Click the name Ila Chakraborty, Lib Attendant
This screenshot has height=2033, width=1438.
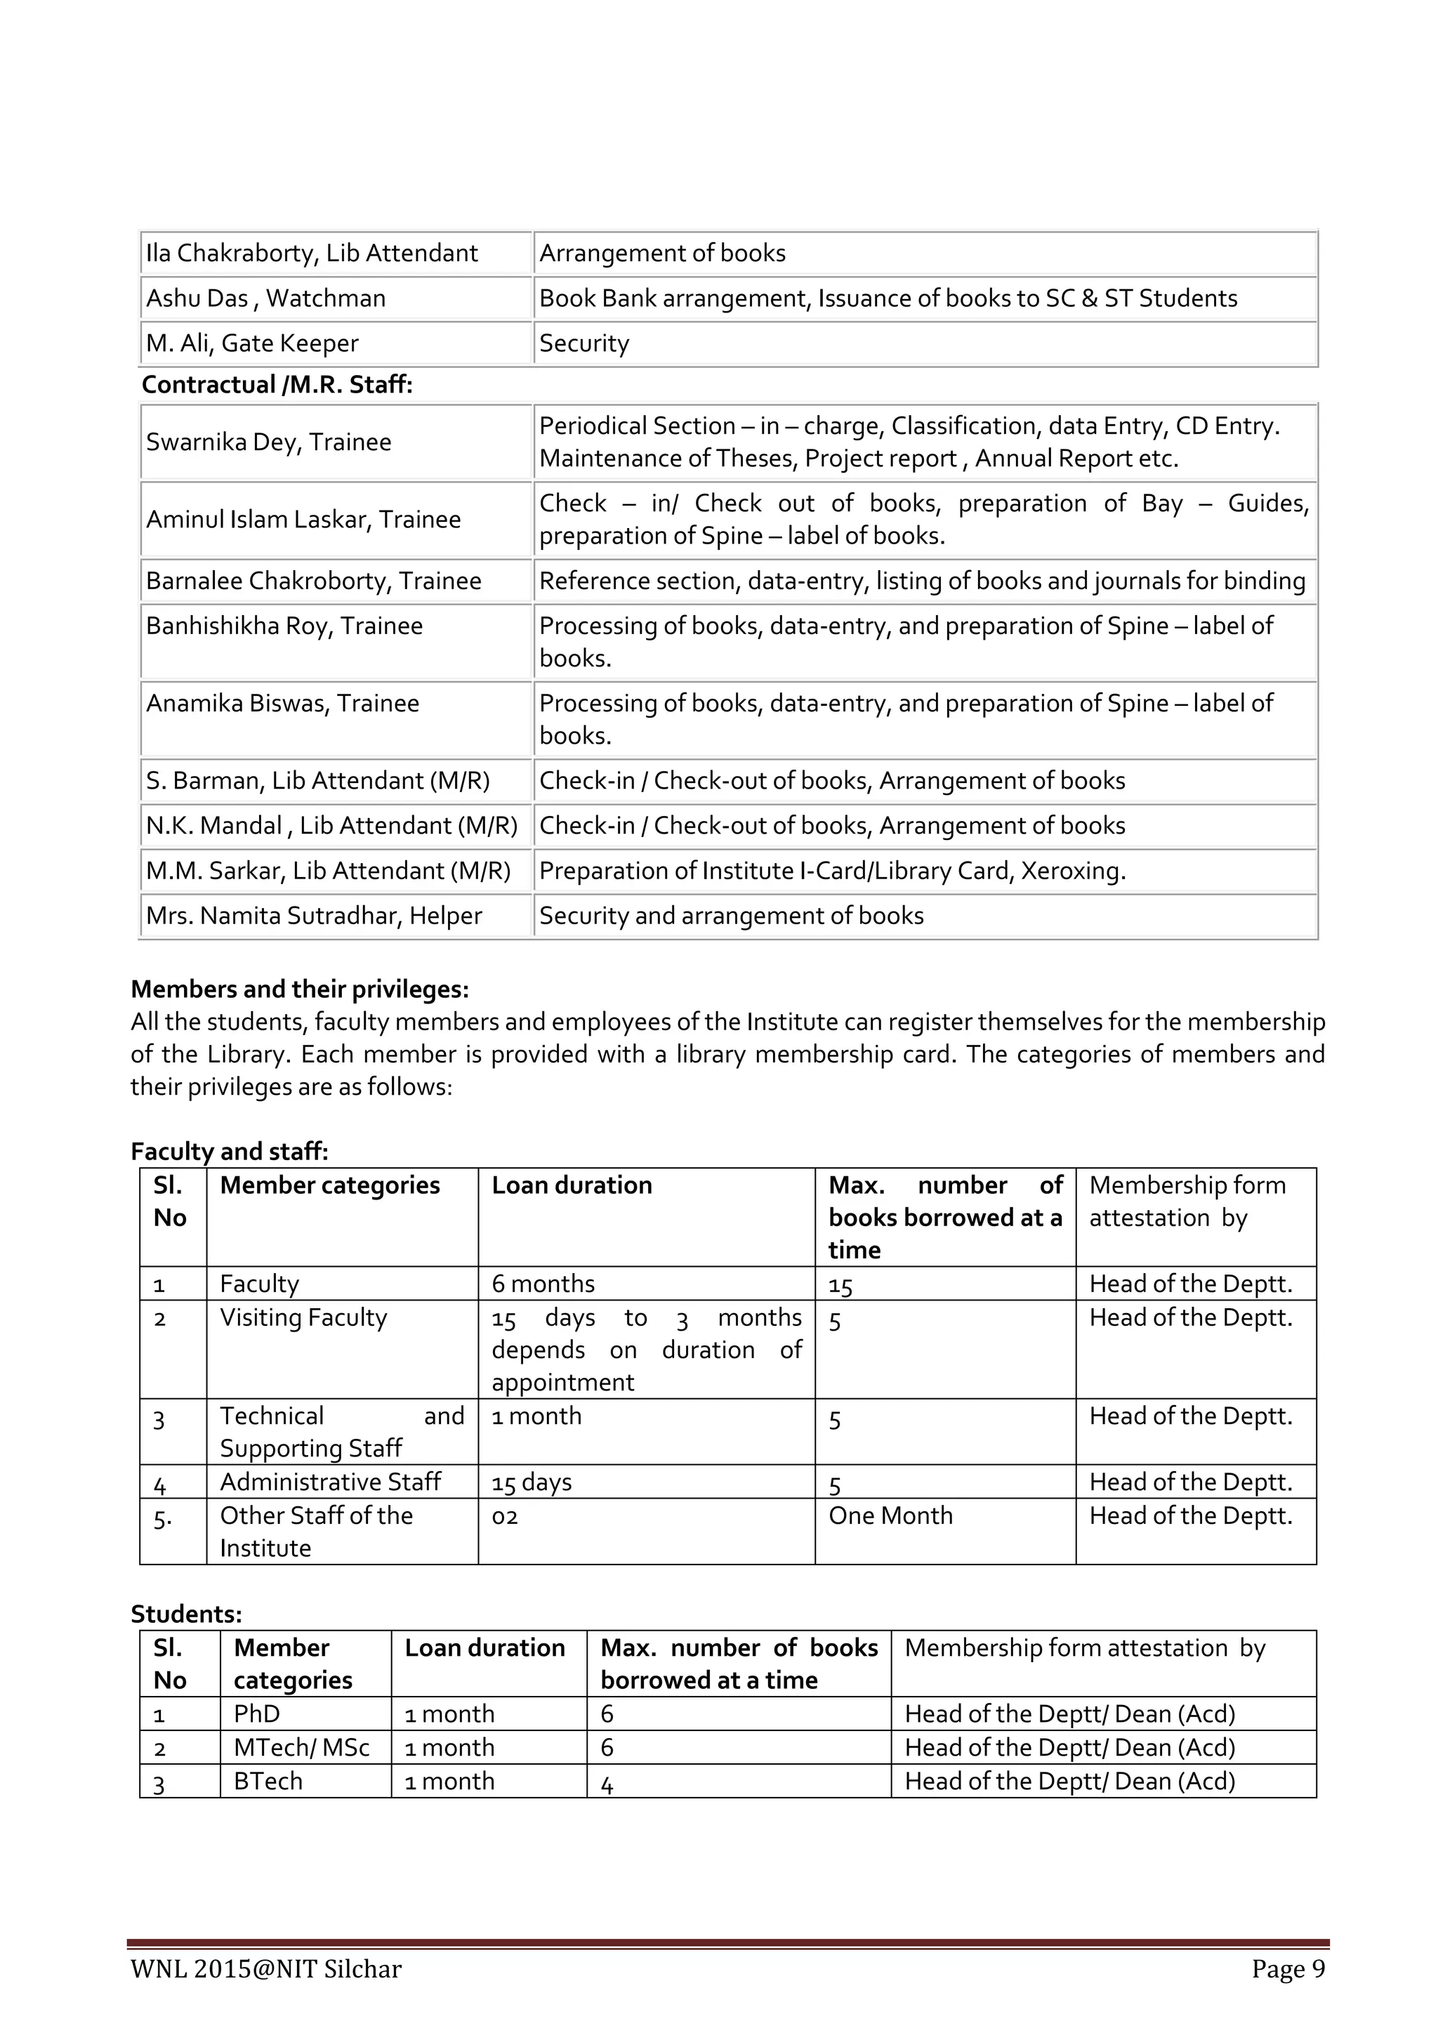(312, 254)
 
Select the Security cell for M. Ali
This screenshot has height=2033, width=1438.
(584, 343)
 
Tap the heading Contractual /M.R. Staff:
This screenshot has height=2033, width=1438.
(277, 384)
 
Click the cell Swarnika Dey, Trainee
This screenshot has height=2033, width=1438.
(268, 442)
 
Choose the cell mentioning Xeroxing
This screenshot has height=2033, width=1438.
(832, 871)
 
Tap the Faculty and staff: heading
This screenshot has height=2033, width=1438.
(230, 1151)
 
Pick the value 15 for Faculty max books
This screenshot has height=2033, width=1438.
(840, 1285)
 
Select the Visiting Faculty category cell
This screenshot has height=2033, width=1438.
(304, 1318)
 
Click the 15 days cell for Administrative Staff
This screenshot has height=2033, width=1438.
(532, 1482)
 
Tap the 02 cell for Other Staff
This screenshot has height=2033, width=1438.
(505, 1517)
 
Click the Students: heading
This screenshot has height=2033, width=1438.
(186, 1614)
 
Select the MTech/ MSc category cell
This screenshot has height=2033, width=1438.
(301, 1748)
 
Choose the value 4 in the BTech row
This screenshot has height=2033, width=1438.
(607, 1782)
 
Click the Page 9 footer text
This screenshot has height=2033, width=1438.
(1288, 1969)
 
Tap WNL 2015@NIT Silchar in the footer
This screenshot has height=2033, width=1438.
(265, 1969)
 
